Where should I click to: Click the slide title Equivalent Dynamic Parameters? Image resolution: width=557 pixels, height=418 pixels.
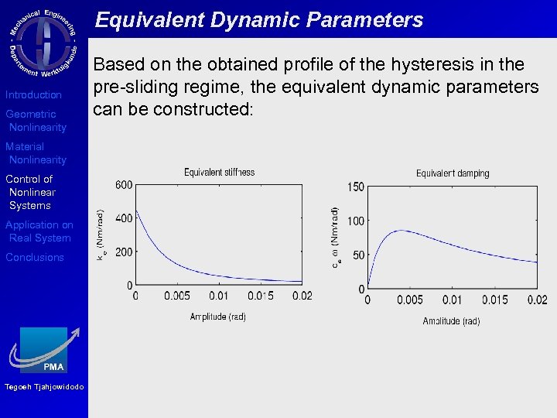pyautogui.click(x=259, y=19)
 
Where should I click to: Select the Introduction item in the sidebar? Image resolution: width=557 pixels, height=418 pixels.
pyautogui.click(x=33, y=94)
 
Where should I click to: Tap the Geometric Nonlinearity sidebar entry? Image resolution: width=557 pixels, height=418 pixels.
pyautogui.click(x=36, y=121)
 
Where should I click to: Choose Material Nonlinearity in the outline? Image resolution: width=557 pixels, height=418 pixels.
pyautogui.click(x=36, y=153)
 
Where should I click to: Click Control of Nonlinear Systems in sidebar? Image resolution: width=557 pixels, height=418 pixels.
pyautogui.click(x=30, y=192)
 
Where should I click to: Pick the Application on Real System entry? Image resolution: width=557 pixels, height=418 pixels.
pyautogui.click(x=39, y=231)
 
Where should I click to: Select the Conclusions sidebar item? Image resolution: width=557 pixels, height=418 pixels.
pyautogui.click(x=35, y=257)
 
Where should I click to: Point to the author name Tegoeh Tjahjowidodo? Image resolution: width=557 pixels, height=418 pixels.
pyautogui.click(x=44, y=387)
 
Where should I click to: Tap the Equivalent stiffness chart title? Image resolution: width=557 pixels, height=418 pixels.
pyautogui.click(x=219, y=172)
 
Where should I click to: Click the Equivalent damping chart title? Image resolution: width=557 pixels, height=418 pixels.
pyautogui.click(x=453, y=173)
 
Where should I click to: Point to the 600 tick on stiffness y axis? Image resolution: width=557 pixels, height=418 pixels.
pyautogui.click(x=124, y=184)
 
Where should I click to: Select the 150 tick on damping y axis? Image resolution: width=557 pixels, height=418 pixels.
pyautogui.click(x=355, y=187)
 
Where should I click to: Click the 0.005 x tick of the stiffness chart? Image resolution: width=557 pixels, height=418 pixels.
pyautogui.click(x=176, y=296)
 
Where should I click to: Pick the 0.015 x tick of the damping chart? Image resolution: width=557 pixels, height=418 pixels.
pyautogui.click(x=495, y=300)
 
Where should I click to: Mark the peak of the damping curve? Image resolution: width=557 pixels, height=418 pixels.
pyautogui.click(x=400, y=230)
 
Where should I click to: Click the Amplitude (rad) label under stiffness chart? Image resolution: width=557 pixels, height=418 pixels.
pyautogui.click(x=217, y=317)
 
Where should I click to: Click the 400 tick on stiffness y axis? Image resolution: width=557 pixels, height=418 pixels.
pyautogui.click(x=124, y=218)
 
